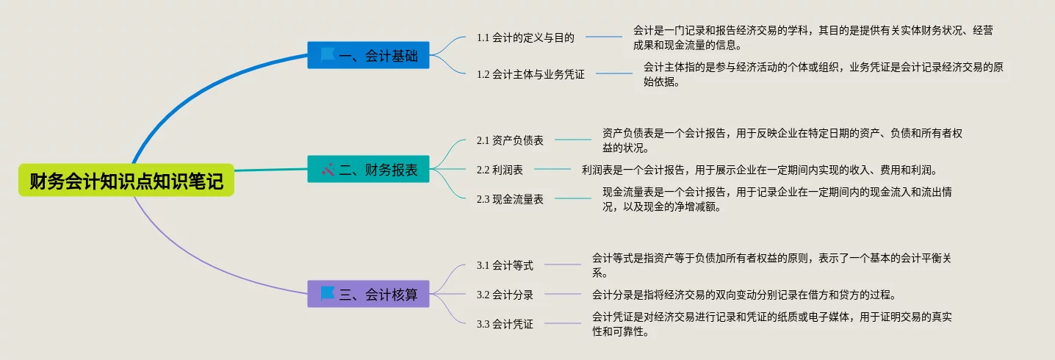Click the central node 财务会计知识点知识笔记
126,181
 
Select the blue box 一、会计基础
368,55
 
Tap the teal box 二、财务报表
368,170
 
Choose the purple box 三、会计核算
368,294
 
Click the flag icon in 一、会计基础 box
328,54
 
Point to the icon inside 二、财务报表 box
328,170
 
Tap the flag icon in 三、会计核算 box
328,294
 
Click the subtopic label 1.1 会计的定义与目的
525,37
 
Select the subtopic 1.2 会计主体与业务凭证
530,73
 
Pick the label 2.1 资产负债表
510,140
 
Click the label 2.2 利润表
500,170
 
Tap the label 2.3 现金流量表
510,199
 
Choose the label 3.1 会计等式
505,265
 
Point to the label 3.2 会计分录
505,295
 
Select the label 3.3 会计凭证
505,324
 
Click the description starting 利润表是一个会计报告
760,170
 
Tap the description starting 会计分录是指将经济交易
744,295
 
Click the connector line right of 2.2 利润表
552,170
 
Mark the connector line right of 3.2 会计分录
562,295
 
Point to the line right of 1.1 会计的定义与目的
603,37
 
